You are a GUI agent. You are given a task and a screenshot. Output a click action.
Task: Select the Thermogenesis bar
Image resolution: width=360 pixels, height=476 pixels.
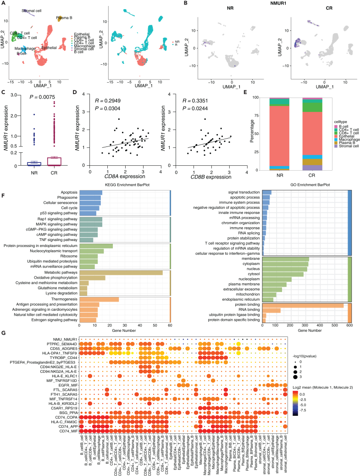coord(99,299)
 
